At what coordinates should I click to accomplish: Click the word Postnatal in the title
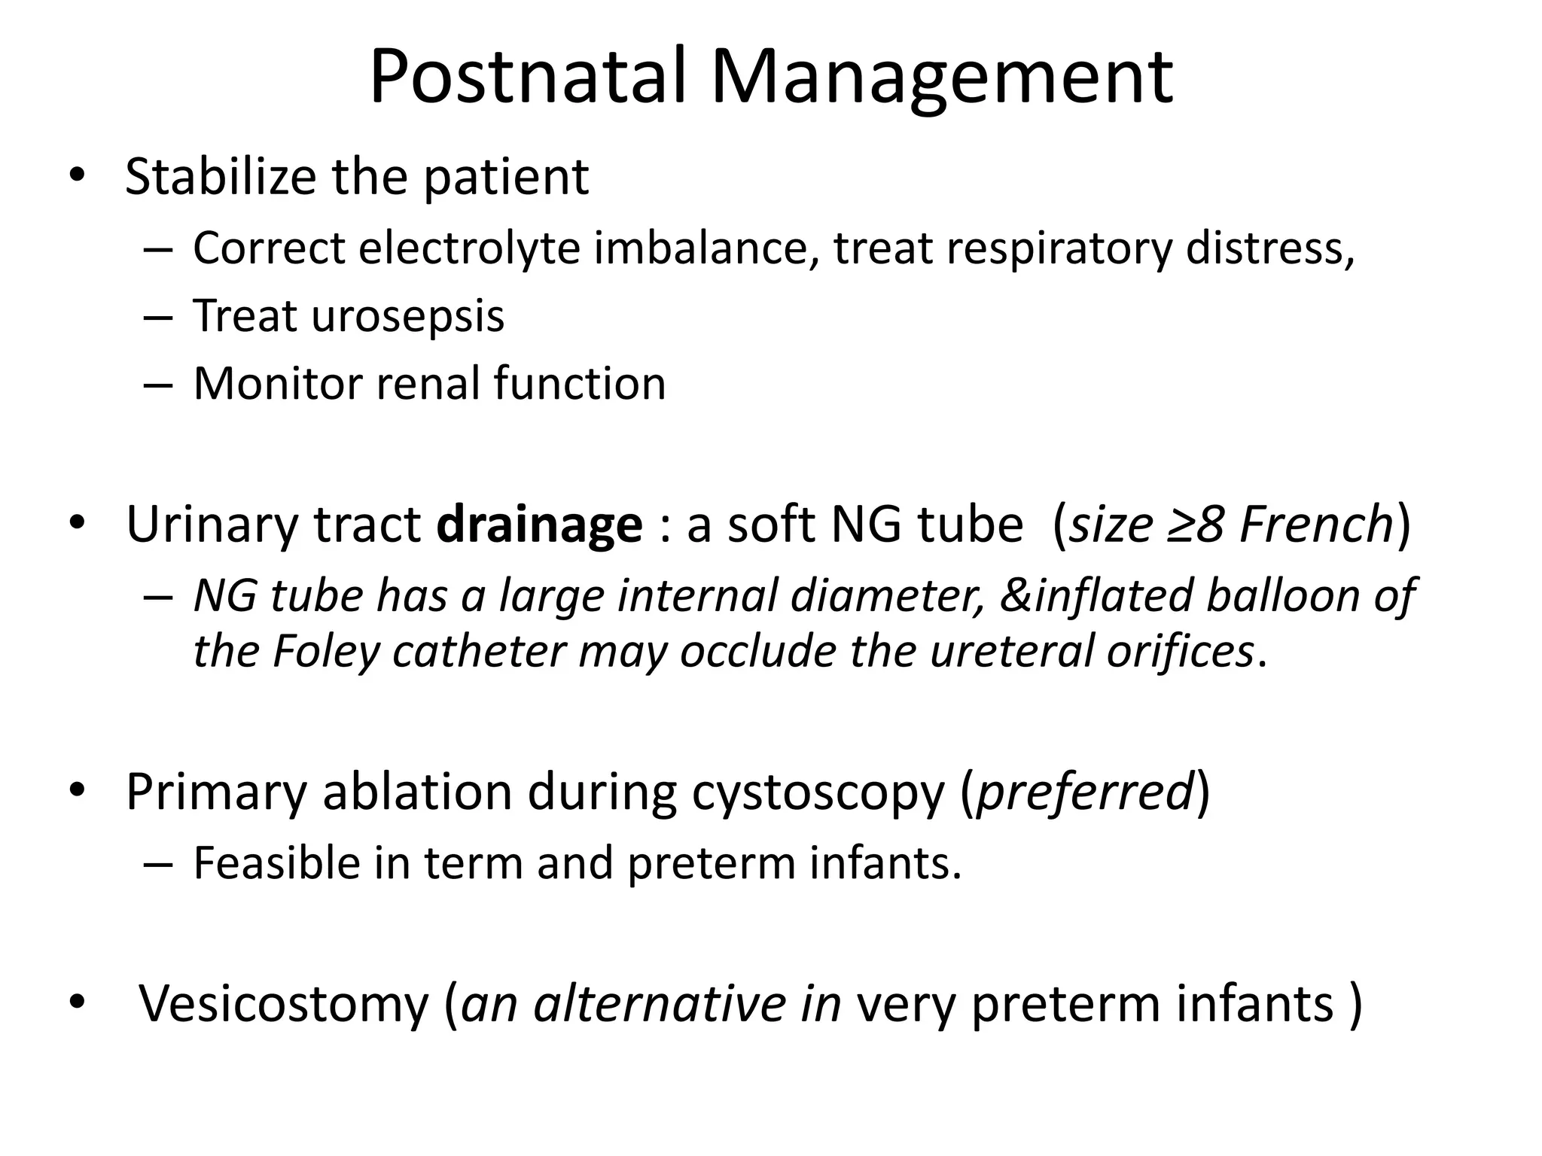(x=527, y=77)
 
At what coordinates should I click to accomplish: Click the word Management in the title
(x=941, y=77)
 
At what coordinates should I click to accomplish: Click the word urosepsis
(x=407, y=315)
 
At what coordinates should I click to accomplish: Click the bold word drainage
(x=539, y=525)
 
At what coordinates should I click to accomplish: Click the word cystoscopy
(x=818, y=792)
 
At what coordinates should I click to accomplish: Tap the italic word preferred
(x=1084, y=792)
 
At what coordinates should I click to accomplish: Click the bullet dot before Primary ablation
(x=77, y=791)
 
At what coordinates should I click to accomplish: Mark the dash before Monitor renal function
(x=157, y=385)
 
